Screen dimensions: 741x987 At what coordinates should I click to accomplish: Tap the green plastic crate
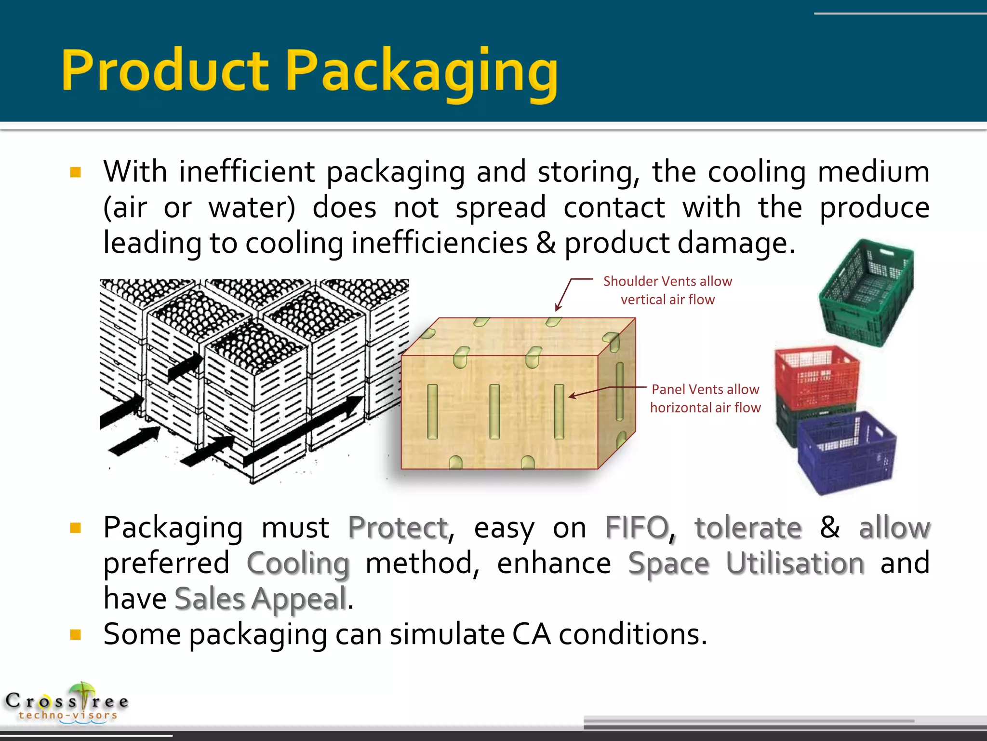[867, 293]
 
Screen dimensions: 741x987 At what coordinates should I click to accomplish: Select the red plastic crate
[816, 377]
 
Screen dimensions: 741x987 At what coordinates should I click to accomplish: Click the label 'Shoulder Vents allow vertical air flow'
[667, 290]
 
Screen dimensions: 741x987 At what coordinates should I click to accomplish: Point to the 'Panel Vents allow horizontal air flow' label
[705, 398]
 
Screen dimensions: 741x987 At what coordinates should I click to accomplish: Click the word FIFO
[637, 527]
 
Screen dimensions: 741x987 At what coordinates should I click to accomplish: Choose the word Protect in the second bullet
[398, 527]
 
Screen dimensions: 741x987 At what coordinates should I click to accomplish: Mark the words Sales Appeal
[261, 599]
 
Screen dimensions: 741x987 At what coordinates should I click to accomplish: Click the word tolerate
[748, 527]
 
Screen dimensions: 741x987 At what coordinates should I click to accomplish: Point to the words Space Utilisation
[746, 563]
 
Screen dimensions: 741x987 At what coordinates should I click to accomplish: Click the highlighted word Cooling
[298, 563]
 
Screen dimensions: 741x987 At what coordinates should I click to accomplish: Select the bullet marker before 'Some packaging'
[76, 634]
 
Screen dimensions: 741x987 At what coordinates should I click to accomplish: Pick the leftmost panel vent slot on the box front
[432, 412]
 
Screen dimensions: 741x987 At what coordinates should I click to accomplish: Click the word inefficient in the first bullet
[247, 172]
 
